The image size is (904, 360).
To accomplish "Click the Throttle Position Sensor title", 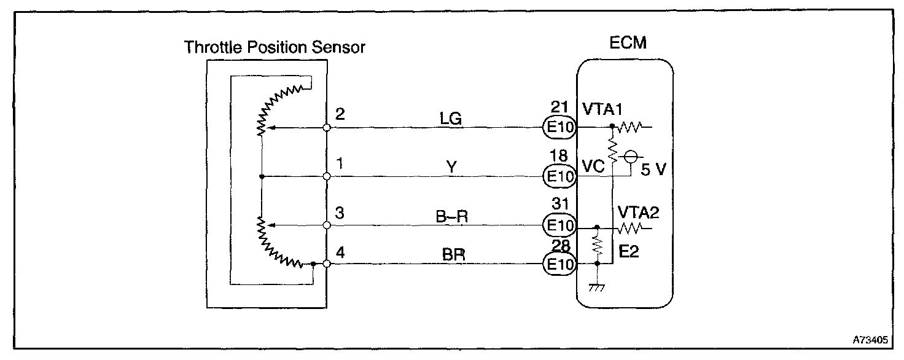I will tap(275, 47).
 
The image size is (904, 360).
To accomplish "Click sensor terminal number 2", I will tap(340, 114).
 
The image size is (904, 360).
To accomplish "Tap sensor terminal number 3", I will tap(340, 213).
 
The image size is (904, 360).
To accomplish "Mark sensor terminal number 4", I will tap(340, 251).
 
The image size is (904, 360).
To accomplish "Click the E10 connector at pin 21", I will tap(558, 128).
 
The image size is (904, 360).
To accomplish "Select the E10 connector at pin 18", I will tap(558, 177).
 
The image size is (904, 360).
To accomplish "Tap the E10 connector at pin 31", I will tap(558, 226).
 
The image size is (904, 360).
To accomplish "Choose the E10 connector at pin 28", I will tap(558, 264).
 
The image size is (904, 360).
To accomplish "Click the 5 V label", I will tap(653, 170).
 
